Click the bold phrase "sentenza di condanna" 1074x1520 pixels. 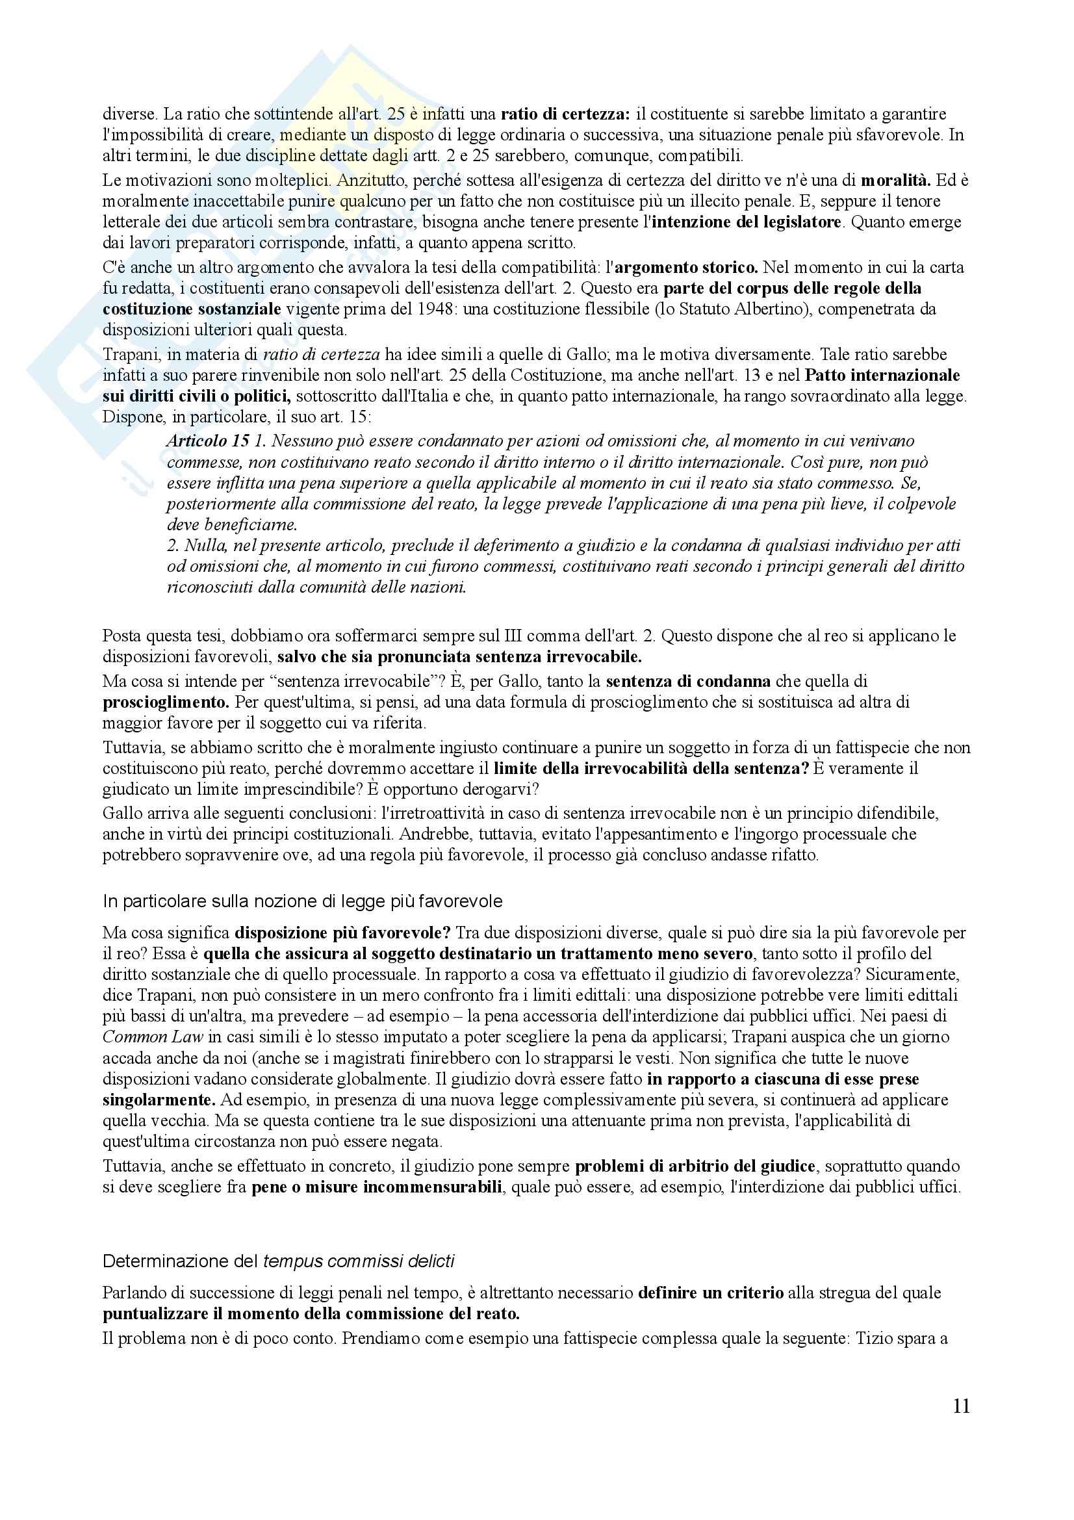(x=688, y=681)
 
